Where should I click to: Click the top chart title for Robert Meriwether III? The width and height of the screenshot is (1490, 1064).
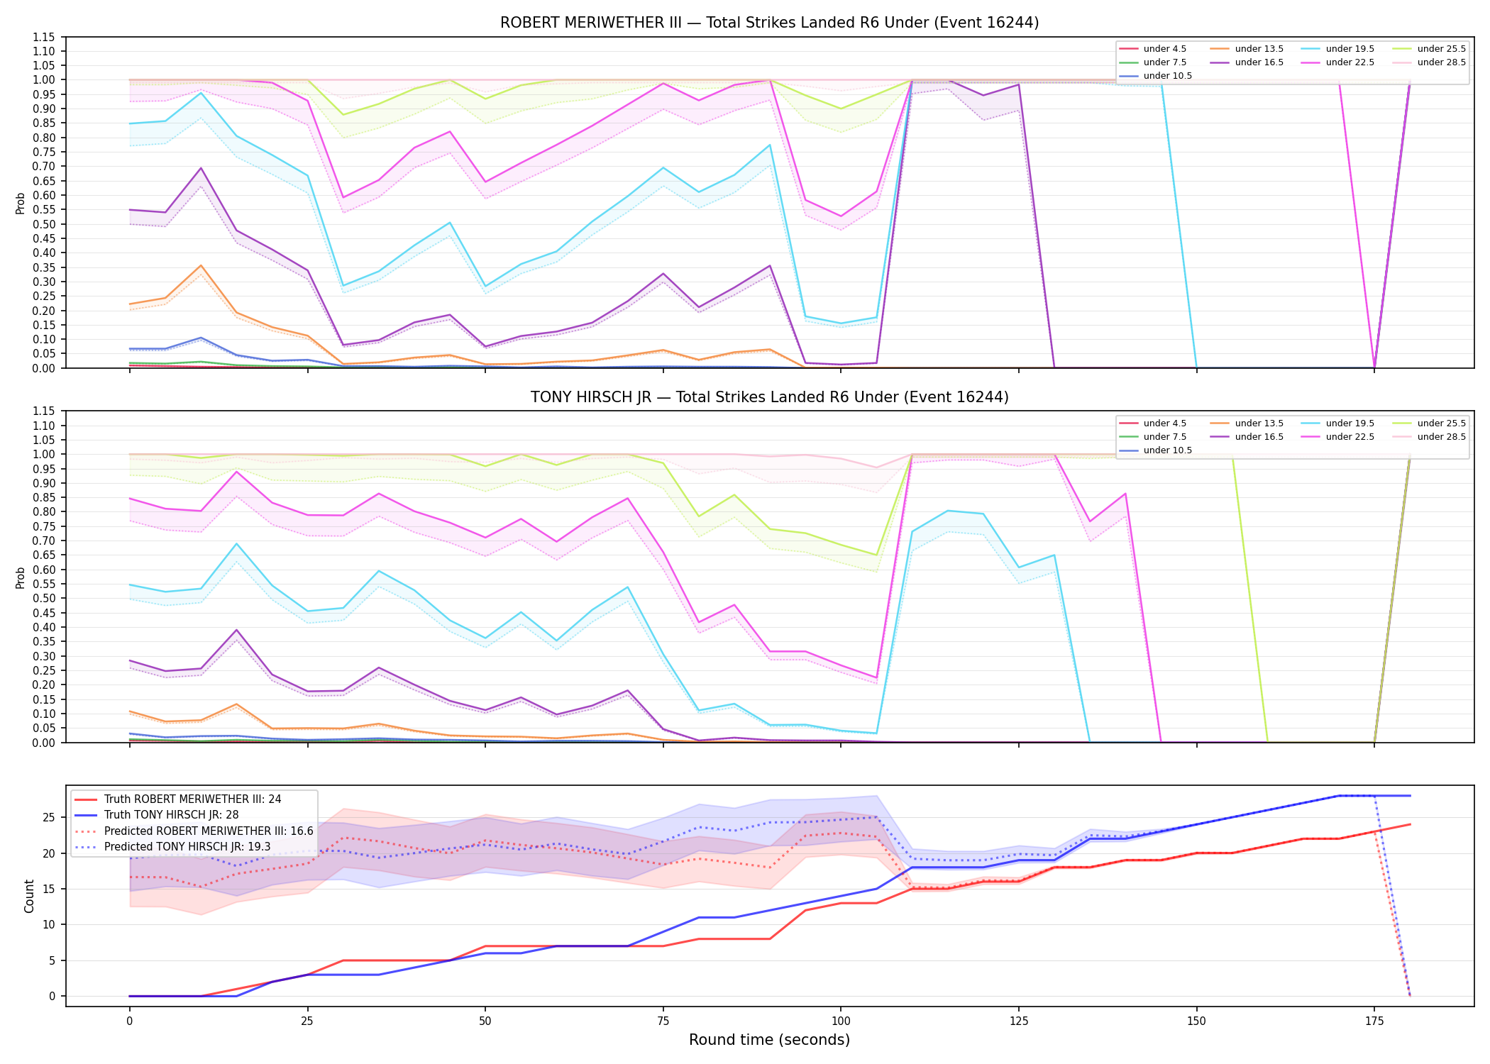769,23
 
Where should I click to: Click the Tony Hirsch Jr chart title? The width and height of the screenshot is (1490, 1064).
769,397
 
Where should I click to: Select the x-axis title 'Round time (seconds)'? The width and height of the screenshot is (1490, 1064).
769,1040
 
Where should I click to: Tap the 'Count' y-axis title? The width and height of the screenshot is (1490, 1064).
29,896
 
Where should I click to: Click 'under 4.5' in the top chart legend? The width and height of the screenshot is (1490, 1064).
1164,49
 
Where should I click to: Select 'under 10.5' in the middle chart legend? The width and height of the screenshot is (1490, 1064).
1167,450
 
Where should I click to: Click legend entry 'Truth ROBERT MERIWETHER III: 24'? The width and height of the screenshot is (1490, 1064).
192,799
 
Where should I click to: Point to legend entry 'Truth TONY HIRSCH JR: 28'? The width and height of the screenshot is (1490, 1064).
171,815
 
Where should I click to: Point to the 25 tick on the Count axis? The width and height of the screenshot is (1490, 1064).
49,818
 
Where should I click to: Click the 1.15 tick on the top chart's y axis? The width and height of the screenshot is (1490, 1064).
44,37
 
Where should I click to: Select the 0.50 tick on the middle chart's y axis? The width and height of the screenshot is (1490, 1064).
44,598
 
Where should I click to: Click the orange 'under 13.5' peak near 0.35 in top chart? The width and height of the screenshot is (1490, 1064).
201,265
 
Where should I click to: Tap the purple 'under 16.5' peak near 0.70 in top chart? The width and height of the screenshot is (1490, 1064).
201,168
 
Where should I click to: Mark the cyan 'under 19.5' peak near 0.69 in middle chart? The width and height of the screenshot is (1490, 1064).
236,543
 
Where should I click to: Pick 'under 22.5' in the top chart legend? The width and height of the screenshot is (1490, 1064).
1350,62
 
